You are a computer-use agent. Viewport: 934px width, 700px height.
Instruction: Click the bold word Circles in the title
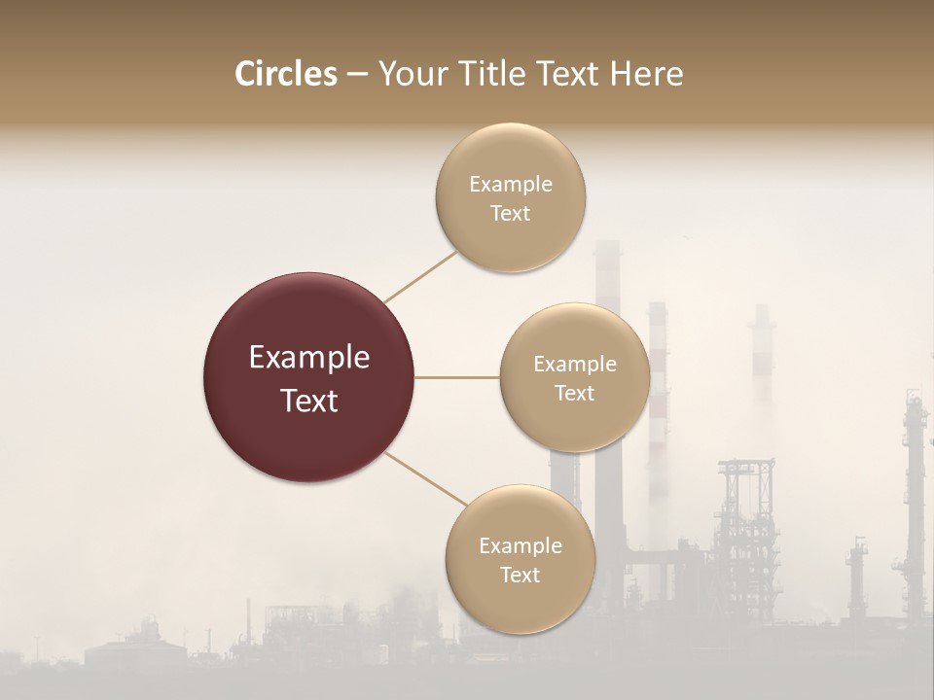(x=285, y=74)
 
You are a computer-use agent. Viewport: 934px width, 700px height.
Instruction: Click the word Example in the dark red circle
(x=309, y=358)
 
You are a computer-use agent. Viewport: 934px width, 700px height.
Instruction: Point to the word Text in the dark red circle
(x=309, y=401)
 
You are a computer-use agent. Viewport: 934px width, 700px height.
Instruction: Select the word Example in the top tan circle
(x=511, y=184)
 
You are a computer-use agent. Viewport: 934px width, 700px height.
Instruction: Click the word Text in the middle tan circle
(x=574, y=393)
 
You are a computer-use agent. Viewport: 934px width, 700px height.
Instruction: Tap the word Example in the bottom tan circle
(x=521, y=545)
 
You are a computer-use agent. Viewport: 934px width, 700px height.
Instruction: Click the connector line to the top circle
(x=420, y=276)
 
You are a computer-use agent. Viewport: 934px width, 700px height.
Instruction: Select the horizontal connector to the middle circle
(x=456, y=377)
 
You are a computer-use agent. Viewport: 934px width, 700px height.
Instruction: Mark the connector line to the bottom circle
(x=425, y=479)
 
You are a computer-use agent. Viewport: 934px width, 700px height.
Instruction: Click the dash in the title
(x=357, y=74)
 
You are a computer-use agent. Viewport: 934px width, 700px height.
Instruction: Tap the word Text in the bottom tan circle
(x=520, y=575)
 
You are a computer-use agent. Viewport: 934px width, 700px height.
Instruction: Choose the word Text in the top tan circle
(x=510, y=213)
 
